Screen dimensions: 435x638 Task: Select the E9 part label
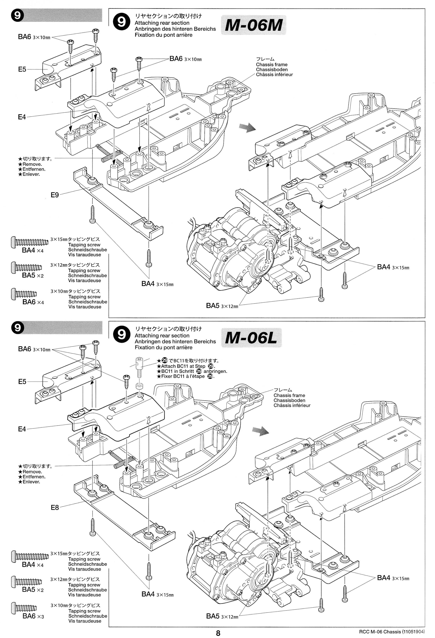[55, 195]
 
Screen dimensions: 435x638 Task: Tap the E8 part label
[55, 507]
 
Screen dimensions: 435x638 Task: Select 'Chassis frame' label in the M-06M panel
[272, 64]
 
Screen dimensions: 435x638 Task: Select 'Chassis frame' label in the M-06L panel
[289, 395]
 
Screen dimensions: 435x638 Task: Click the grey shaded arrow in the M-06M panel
[247, 128]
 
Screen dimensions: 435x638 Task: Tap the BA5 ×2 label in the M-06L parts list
[33, 589]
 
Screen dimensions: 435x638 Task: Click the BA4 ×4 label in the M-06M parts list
[33, 250]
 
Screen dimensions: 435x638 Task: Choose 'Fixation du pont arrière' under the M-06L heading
[163, 347]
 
